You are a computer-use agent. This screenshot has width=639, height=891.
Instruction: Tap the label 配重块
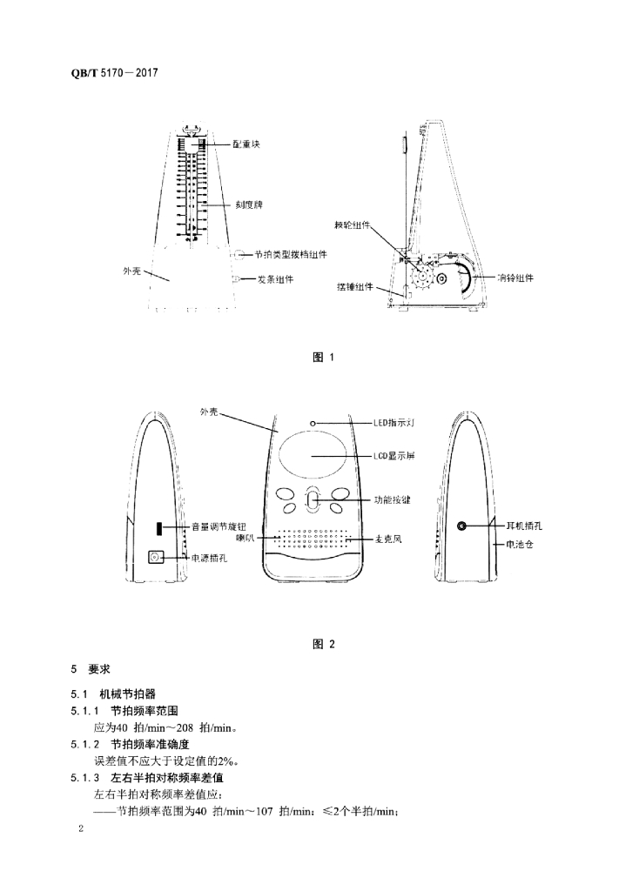pos(247,144)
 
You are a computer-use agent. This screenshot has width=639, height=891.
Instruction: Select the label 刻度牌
pos(249,204)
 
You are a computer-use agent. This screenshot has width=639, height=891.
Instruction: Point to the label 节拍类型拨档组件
pos(292,255)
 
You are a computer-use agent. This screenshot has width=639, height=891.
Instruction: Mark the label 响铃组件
pos(515,278)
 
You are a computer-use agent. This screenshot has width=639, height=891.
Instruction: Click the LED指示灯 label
pos(399,422)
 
